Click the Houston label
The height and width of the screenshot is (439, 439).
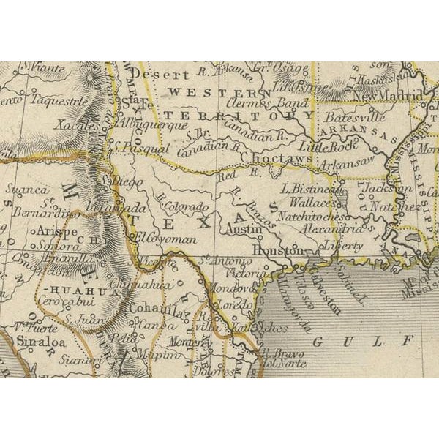[x=277, y=251]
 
